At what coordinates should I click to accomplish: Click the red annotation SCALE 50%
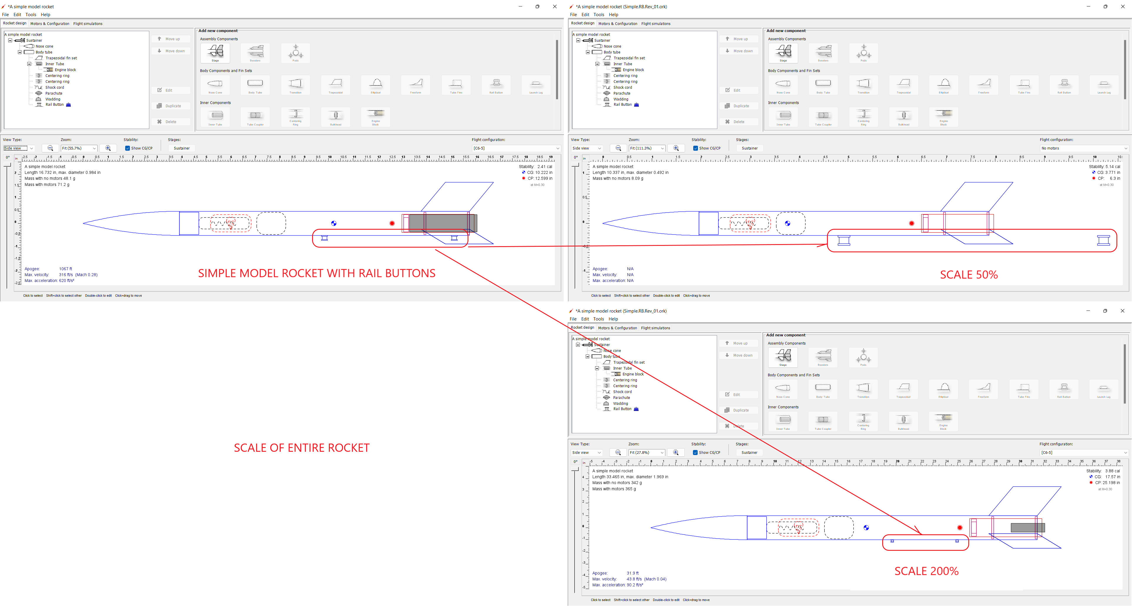click(x=969, y=275)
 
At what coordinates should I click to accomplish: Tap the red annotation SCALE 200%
click(x=926, y=571)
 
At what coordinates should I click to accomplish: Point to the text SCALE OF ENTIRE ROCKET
click(x=302, y=448)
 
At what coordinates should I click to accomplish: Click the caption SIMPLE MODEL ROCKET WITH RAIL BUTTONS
click(x=317, y=273)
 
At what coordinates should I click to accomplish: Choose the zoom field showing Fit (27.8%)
click(x=646, y=453)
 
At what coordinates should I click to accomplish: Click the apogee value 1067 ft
click(x=66, y=269)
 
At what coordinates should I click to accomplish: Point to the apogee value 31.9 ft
click(x=632, y=573)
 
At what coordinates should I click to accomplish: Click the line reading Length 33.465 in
click(x=630, y=477)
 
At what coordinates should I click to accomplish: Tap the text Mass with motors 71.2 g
click(x=47, y=185)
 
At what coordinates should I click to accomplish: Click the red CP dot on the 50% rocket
click(x=911, y=224)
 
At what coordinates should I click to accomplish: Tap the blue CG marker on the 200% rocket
click(x=866, y=528)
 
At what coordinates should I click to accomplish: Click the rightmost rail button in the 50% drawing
click(x=1103, y=240)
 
